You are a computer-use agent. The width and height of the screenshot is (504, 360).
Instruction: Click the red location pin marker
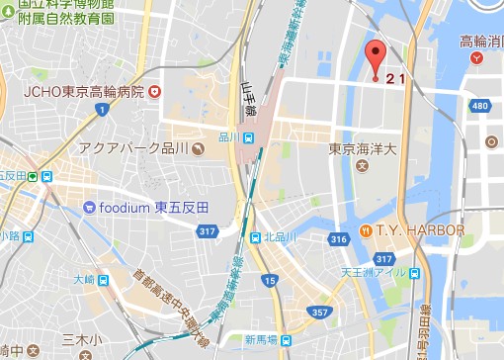click(375, 56)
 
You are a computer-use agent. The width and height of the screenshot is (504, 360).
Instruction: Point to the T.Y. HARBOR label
click(419, 230)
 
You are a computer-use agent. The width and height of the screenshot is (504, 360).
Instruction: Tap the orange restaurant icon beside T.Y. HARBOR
click(366, 230)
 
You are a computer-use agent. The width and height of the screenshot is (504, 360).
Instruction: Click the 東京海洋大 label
click(363, 149)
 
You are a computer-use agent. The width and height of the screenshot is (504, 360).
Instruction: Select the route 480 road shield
click(481, 107)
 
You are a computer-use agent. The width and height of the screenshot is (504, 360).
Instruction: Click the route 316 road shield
click(339, 239)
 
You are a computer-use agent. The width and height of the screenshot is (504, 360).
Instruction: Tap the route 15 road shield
click(270, 283)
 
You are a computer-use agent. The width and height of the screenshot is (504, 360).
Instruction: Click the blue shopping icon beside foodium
click(89, 208)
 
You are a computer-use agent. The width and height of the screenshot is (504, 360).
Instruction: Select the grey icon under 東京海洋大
click(362, 165)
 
